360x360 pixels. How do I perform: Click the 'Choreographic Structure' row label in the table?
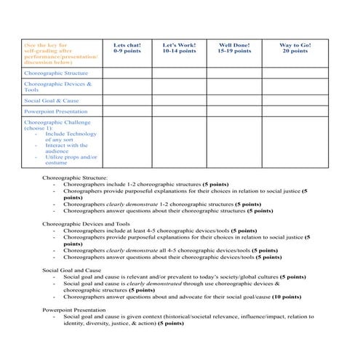[x=56, y=73]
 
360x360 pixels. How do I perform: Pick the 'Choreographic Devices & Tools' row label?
[x=58, y=87]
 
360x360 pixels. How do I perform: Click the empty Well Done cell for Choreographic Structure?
[x=233, y=73]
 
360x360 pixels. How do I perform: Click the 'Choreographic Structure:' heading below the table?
[x=75, y=177]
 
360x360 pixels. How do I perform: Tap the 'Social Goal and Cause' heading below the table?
[x=72, y=270]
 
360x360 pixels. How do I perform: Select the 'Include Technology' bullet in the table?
[x=71, y=135]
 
